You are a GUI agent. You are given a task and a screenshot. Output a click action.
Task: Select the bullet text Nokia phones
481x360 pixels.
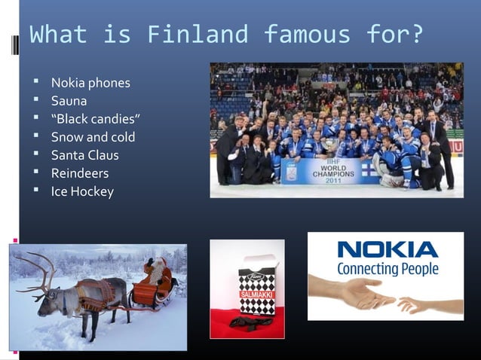90,83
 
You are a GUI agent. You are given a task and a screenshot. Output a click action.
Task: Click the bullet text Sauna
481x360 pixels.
69,101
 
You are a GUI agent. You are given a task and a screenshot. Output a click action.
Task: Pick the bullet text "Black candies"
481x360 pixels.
96,119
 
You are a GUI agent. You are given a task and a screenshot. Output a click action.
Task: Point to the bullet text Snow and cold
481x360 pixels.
93,137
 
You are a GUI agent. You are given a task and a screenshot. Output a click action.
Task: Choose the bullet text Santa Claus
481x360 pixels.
84,155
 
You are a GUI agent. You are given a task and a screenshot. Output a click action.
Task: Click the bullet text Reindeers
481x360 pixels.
79,173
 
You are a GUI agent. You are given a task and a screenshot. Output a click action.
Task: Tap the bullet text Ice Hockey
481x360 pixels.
82,191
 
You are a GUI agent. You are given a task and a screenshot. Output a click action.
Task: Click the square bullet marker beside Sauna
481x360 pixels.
35,101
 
